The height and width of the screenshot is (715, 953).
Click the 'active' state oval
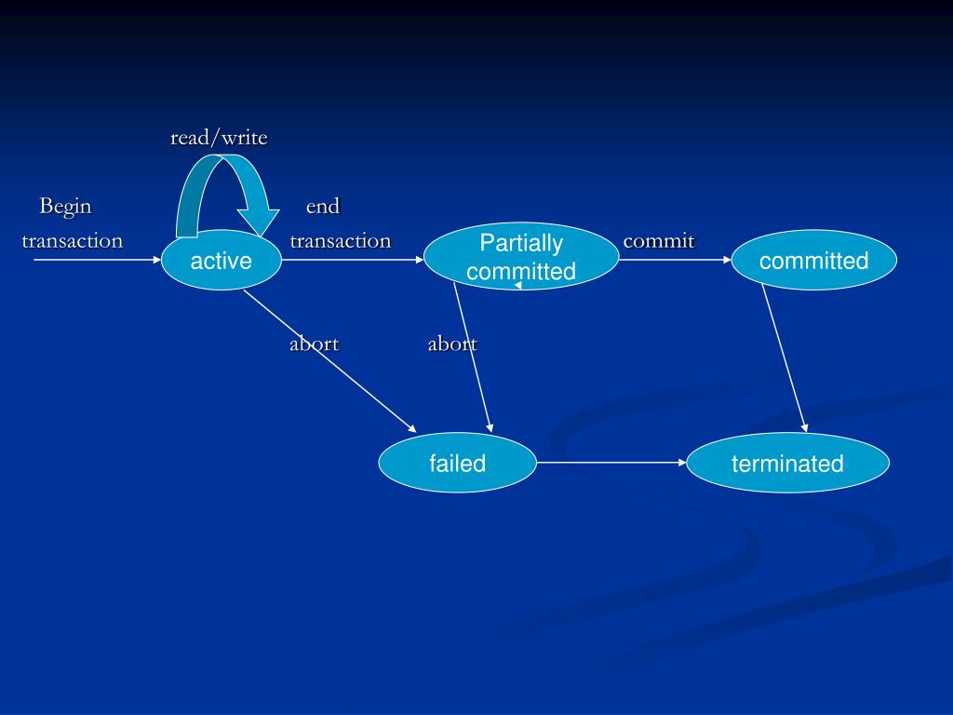[x=221, y=261]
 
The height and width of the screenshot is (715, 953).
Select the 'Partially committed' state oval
[x=521, y=257]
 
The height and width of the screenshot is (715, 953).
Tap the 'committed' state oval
[x=813, y=261]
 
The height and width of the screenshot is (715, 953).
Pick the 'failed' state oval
[x=457, y=463]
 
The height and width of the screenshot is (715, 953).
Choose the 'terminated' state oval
[x=787, y=463]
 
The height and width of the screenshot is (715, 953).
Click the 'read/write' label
[x=219, y=139]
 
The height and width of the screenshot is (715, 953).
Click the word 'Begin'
[x=65, y=206]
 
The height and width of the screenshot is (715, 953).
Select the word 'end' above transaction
[x=323, y=206]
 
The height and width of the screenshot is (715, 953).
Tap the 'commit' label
[x=659, y=241]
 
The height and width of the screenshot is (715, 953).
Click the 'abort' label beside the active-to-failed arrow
[x=314, y=344]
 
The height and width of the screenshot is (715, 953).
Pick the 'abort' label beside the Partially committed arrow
[x=451, y=344]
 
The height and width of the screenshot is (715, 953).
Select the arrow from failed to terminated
[x=611, y=462]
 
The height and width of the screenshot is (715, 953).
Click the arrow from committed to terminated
[x=785, y=358]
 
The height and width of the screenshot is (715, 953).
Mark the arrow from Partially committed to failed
[x=473, y=358]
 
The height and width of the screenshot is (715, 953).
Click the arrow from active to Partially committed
[x=353, y=261]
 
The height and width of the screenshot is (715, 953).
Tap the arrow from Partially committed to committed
[x=675, y=261]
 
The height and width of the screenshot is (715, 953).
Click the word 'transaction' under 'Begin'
[x=73, y=241]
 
